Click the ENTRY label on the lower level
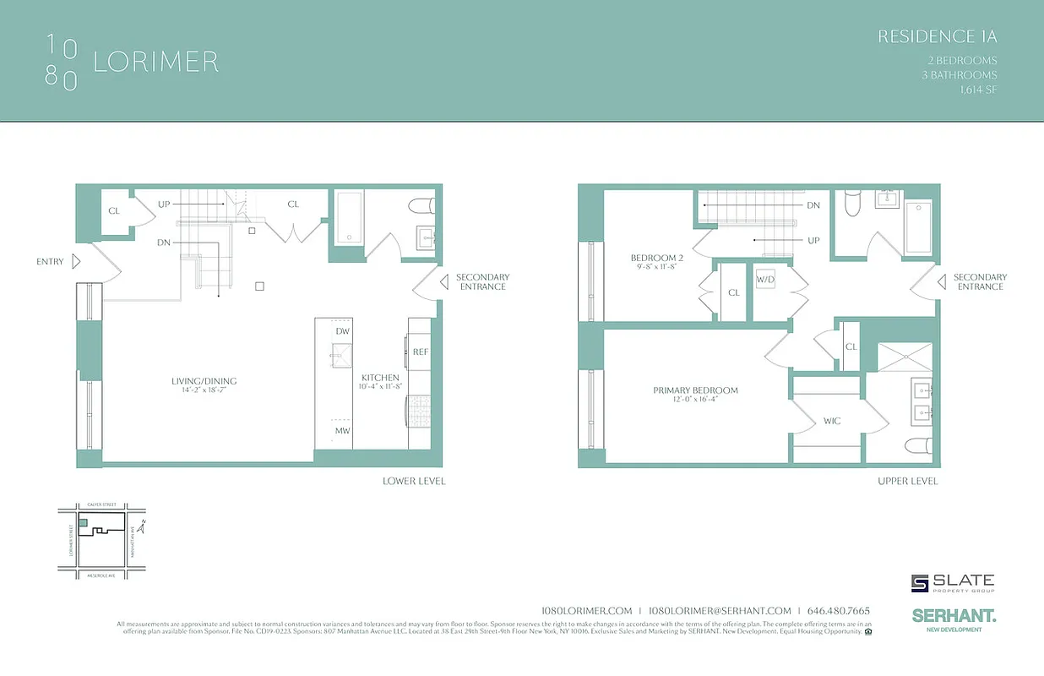50,262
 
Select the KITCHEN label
380,378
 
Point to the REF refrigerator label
421,352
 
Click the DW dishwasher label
342,332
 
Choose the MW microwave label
342,430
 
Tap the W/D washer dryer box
765,279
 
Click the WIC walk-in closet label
832,421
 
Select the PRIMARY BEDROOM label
695,390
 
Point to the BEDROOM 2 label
657,258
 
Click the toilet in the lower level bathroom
420,206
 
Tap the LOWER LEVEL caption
414,481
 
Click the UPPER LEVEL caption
906,481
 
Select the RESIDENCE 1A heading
938,36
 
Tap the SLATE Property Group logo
953,583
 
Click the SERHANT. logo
954,617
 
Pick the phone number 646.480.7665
839,611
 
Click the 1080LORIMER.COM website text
586,611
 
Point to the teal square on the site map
82,524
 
